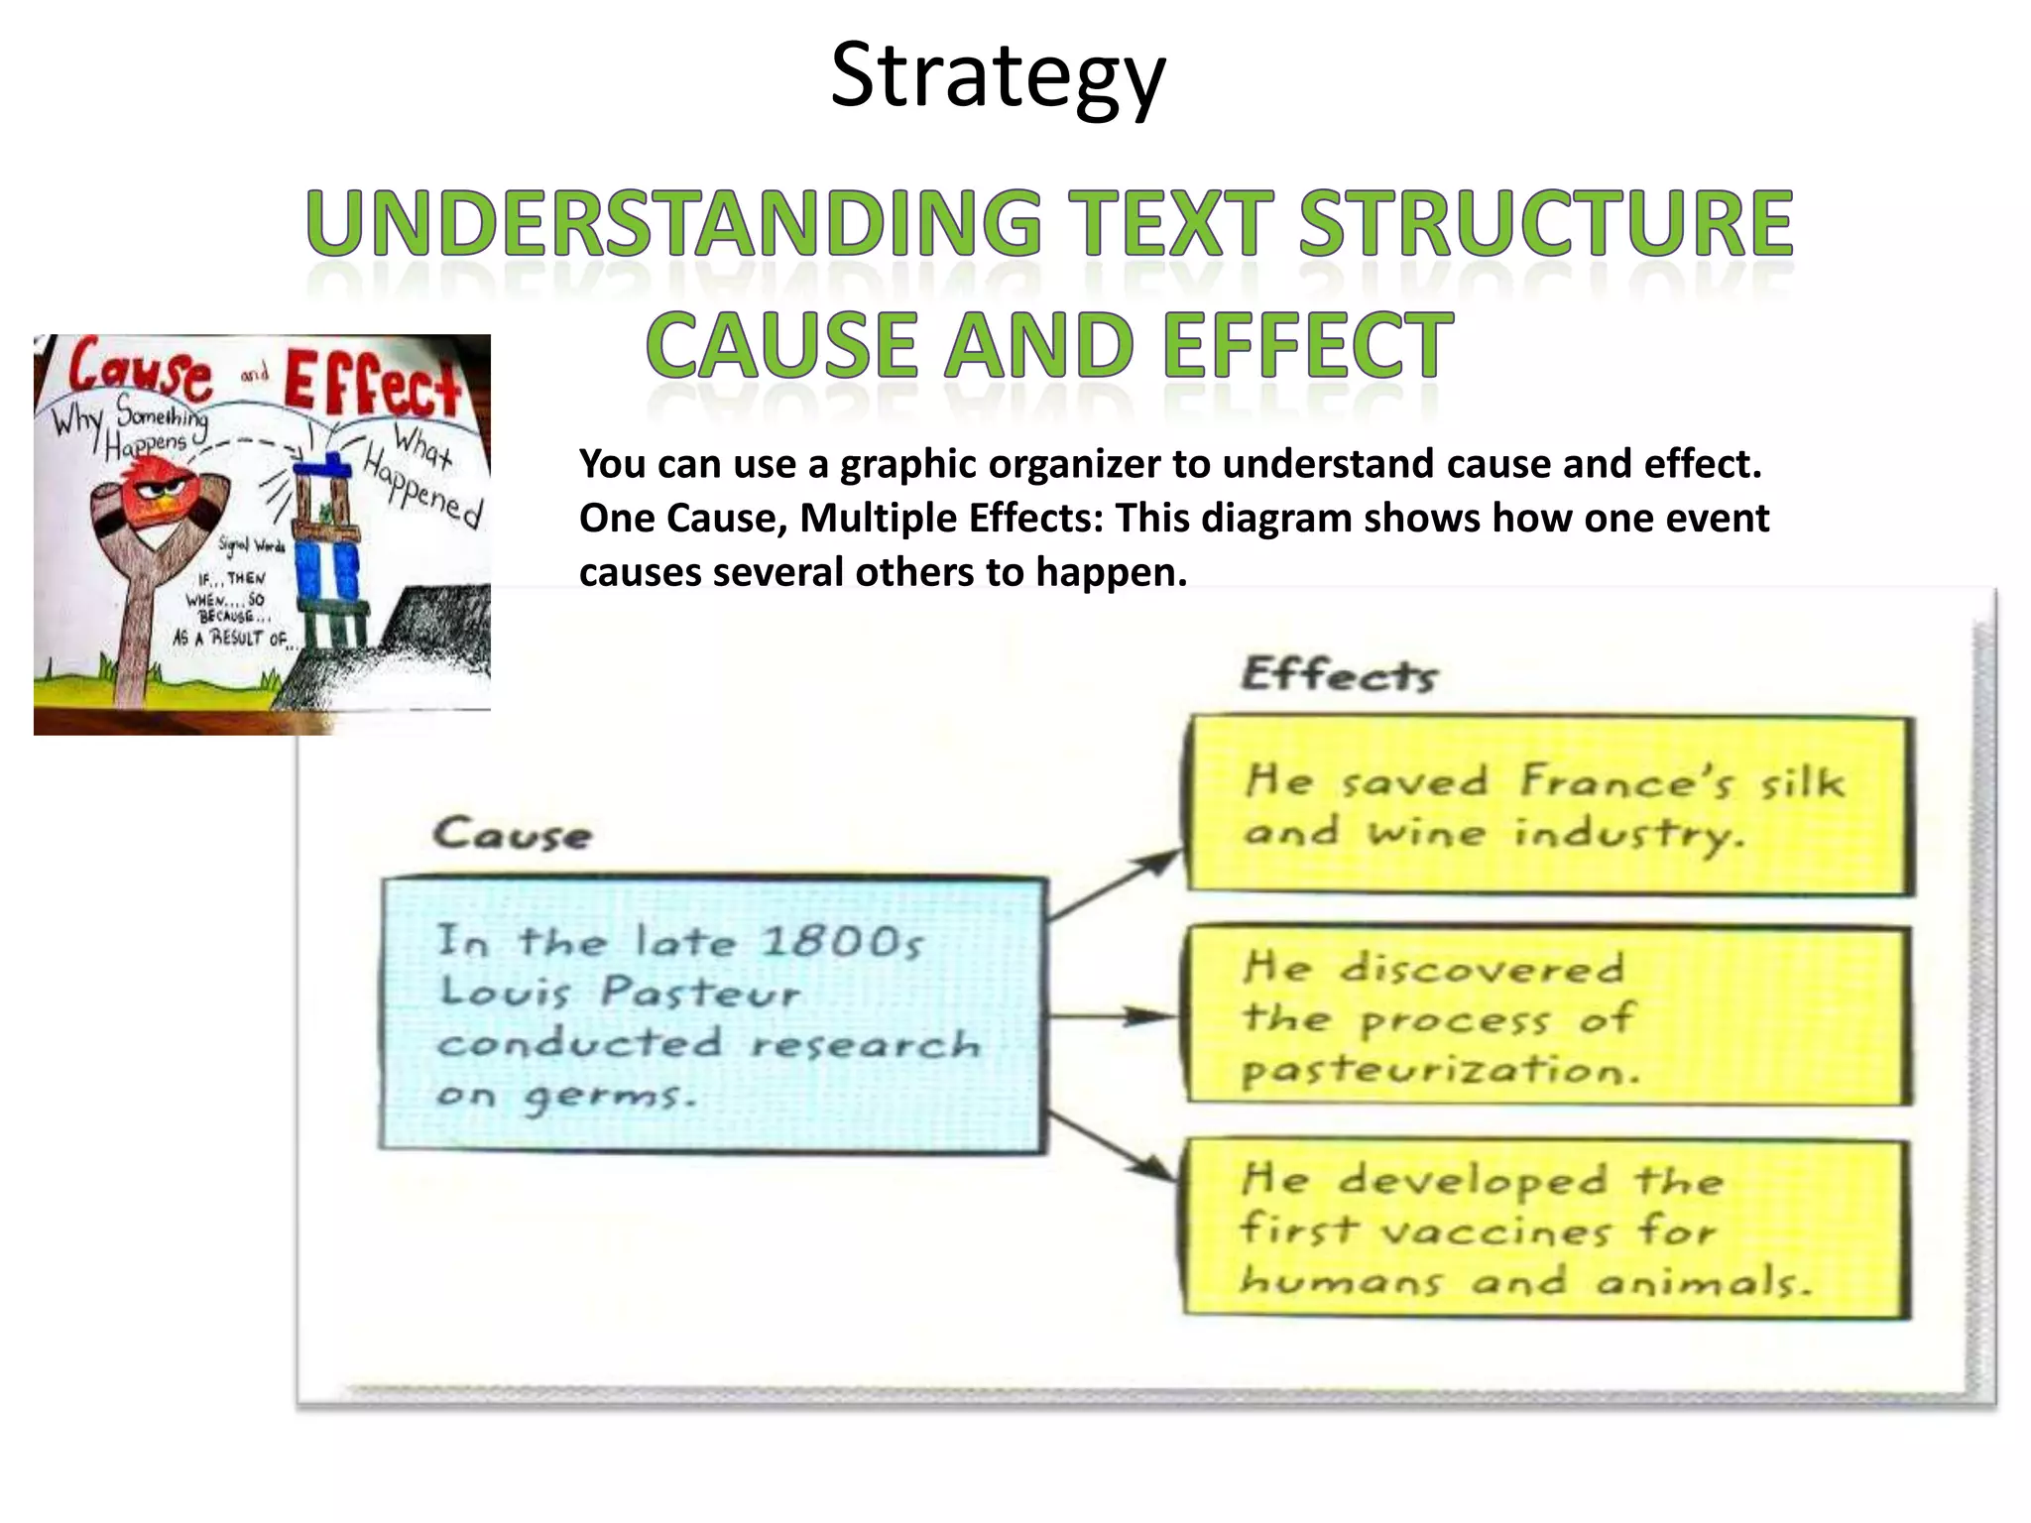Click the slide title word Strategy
(997, 77)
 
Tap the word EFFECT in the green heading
(1307, 345)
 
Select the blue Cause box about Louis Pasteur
(713, 1014)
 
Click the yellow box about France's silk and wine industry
(1549, 805)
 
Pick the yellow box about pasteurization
(1549, 1015)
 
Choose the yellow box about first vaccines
(1547, 1230)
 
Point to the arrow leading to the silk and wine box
(1116, 884)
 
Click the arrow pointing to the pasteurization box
(1113, 1015)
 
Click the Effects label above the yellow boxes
(1339, 675)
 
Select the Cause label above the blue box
(512, 834)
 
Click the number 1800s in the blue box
(842, 942)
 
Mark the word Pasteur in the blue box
(700, 993)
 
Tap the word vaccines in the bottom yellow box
(1495, 1232)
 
